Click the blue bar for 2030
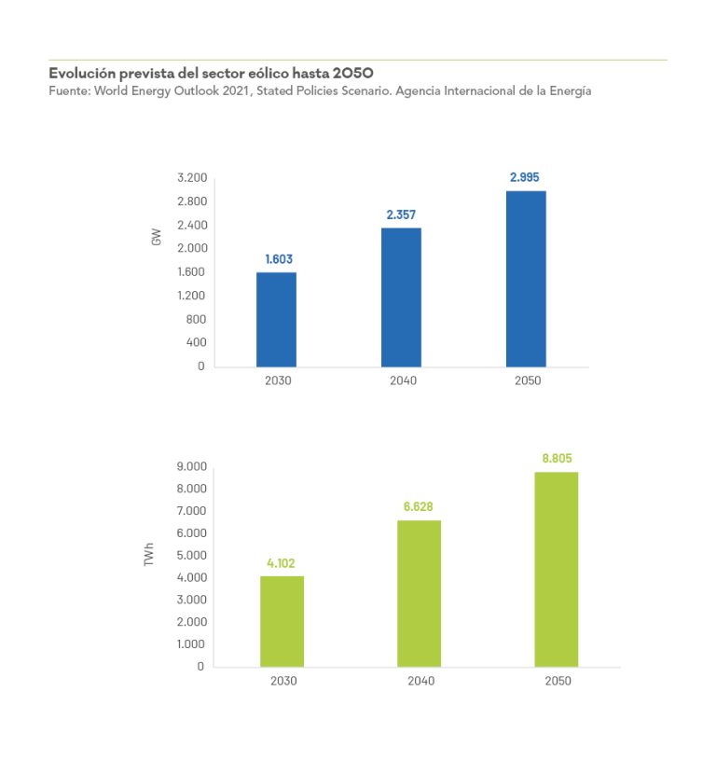[x=276, y=319]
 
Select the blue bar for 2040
[x=401, y=297]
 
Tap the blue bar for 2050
[x=526, y=278]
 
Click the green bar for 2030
[x=282, y=621]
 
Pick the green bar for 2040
[x=419, y=593]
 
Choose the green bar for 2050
[x=556, y=569]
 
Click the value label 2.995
[x=524, y=177]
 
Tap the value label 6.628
[x=418, y=506]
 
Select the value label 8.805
[x=557, y=458]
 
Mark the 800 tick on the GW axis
[x=196, y=319]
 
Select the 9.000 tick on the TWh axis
[x=190, y=466]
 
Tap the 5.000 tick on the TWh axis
[x=190, y=556]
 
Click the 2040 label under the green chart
[x=420, y=681]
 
